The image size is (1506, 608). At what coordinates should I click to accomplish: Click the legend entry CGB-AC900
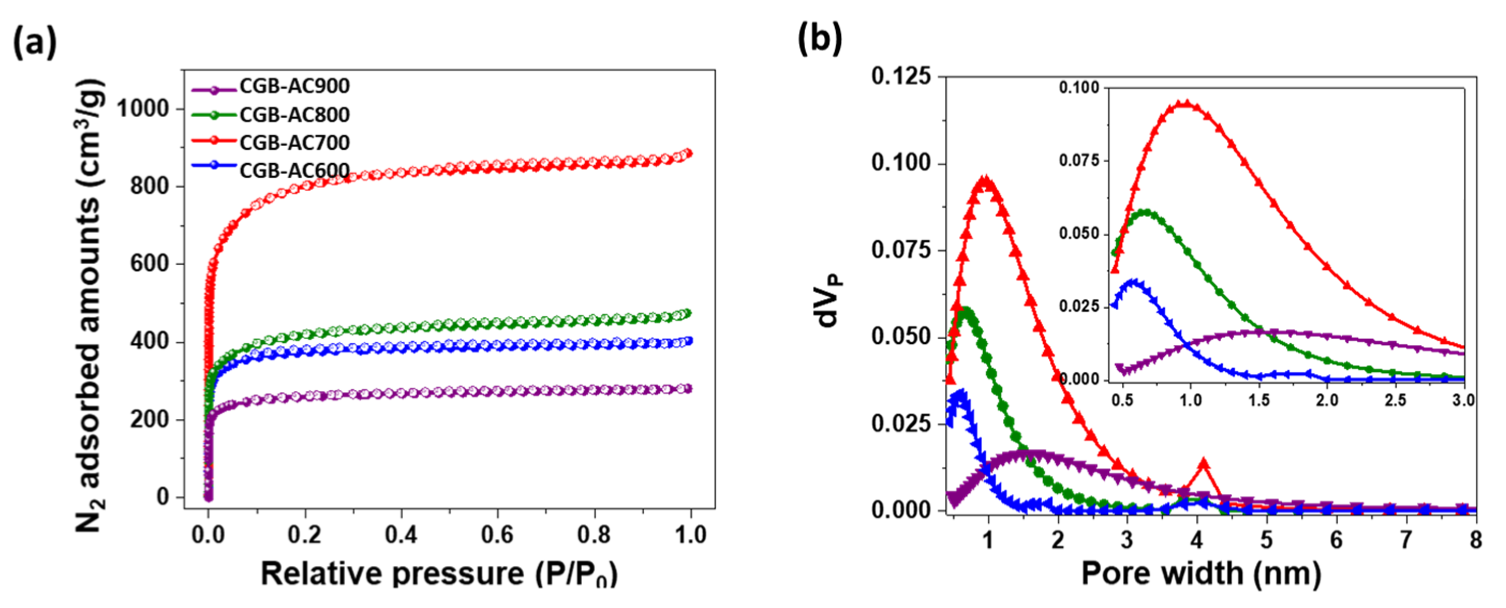(x=294, y=87)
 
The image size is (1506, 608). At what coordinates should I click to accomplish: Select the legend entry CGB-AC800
(x=294, y=115)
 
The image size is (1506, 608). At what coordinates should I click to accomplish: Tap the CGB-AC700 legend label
(x=294, y=143)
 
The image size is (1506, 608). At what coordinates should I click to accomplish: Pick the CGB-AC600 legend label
(x=294, y=171)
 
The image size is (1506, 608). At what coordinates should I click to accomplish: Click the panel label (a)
(x=35, y=42)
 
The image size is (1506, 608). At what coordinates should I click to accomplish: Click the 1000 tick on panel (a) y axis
(x=143, y=109)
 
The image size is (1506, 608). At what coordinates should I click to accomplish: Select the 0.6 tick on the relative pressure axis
(x=497, y=535)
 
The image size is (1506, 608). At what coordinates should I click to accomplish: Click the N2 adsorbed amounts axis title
(x=91, y=304)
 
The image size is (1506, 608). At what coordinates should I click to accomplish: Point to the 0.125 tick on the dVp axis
(x=900, y=76)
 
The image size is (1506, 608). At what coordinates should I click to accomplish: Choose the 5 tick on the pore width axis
(x=1266, y=539)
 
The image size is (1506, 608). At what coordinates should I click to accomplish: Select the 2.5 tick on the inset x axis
(x=1395, y=401)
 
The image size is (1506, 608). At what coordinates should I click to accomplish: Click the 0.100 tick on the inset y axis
(x=1079, y=88)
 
